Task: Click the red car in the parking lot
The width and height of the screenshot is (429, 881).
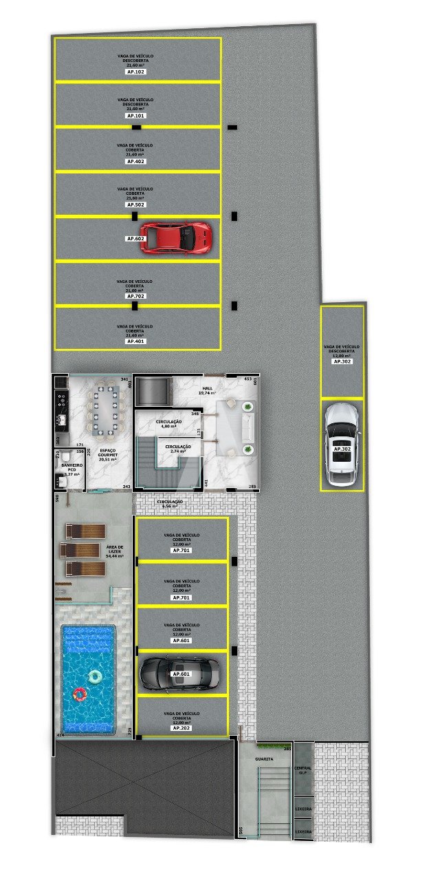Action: pyautogui.click(x=176, y=237)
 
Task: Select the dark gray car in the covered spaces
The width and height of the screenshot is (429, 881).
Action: pyautogui.click(x=181, y=674)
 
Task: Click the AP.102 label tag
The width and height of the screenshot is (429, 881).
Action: pyautogui.click(x=135, y=72)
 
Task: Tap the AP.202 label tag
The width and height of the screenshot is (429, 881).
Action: pyautogui.click(x=181, y=728)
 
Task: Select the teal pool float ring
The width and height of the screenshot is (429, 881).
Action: pyautogui.click(x=95, y=677)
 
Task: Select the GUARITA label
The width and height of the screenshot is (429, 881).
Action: pyautogui.click(x=263, y=759)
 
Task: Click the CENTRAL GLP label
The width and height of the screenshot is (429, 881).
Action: pyautogui.click(x=302, y=770)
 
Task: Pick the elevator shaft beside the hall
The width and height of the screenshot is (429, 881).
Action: pyautogui.click(x=152, y=392)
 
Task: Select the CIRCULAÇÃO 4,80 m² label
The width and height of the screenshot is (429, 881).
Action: pyautogui.click(x=168, y=423)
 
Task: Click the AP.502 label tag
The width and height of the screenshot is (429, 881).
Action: pyautogui.click(x=135, y=204)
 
